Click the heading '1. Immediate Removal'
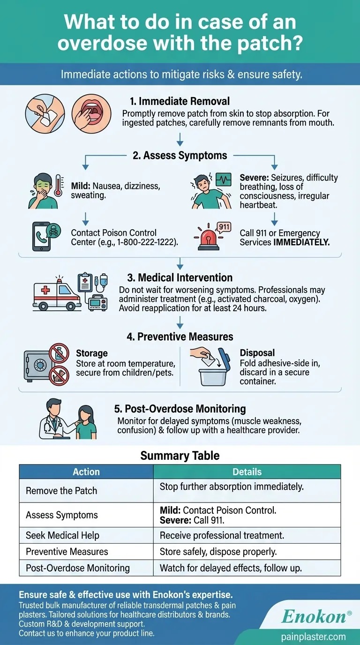click(180, 101)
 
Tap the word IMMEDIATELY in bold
click(302, 242)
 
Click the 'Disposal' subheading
click(257, 353)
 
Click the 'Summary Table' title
click(180, 455)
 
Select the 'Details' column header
click(247, 472)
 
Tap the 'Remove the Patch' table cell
click(61, 491)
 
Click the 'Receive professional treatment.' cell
click(222, 535)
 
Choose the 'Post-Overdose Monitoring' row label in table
click(77, 568)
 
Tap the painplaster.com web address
click(314, 637)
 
